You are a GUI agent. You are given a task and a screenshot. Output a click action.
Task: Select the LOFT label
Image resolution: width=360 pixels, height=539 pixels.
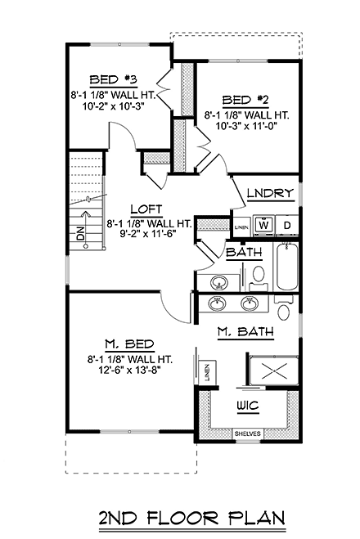coord(149,209)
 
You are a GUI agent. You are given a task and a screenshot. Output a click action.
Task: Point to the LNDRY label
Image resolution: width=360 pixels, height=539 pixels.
coord(269,194)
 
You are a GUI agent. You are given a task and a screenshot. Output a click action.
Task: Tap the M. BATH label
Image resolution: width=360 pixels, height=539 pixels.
coord(245,331)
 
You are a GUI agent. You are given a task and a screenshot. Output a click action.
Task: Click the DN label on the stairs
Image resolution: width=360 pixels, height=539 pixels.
coord(80,234)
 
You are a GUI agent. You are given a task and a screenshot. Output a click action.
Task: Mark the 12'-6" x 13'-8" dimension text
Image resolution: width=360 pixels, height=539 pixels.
coord(128,372)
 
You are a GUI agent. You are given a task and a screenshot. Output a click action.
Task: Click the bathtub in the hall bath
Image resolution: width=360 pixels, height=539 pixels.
coord(286,267)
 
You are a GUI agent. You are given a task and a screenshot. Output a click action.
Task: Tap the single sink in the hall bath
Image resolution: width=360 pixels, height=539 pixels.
coord(220,283)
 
